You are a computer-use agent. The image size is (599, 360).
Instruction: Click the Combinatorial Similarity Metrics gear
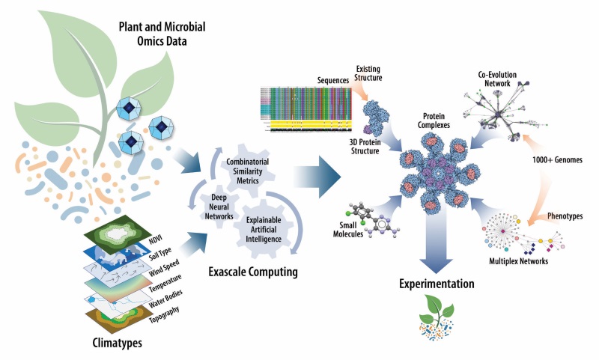click(x=246, y=166)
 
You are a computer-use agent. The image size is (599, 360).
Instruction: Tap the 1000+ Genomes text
click(x=555, y=162)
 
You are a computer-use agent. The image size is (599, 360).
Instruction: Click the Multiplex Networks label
click(x=517, y=262)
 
